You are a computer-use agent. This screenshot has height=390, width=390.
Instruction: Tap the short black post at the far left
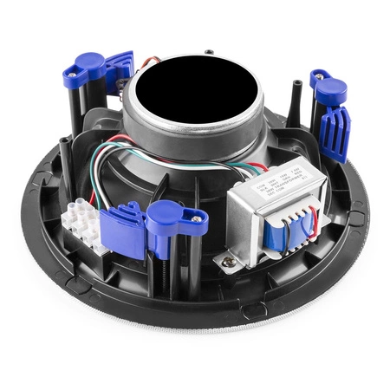click(x=65, y=148)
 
